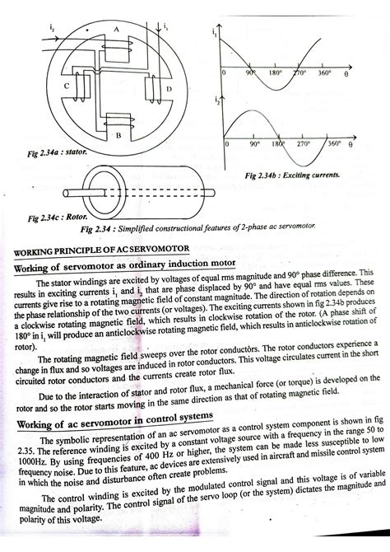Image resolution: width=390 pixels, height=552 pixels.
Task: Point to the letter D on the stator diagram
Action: tap(169, 89)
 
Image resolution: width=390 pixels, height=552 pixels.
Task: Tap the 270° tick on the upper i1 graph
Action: tap(301, 74)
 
